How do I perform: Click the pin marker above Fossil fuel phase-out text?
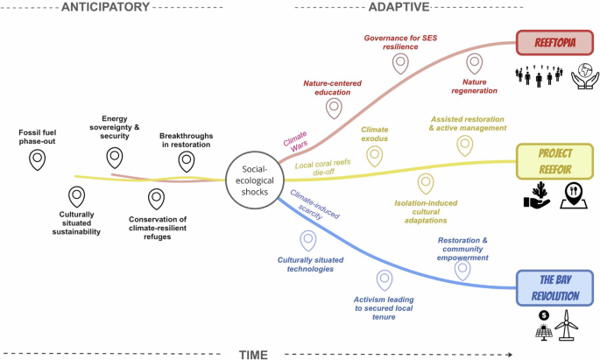click(x=38, y=159)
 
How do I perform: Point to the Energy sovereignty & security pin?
click(x=115, y=157)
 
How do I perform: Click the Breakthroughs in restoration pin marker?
click(x=186, y=160)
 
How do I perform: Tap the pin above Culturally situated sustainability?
click(x=77, y=195)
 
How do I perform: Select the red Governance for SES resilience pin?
click(x=400, y=63)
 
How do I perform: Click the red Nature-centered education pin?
click(x=333, y=108)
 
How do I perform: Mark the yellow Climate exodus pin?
click(x=375, y=154)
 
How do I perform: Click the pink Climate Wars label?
click(x=295, y=138)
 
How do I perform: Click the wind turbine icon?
click(x=568, y=327)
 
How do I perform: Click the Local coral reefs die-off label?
click(x=323, y=166)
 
